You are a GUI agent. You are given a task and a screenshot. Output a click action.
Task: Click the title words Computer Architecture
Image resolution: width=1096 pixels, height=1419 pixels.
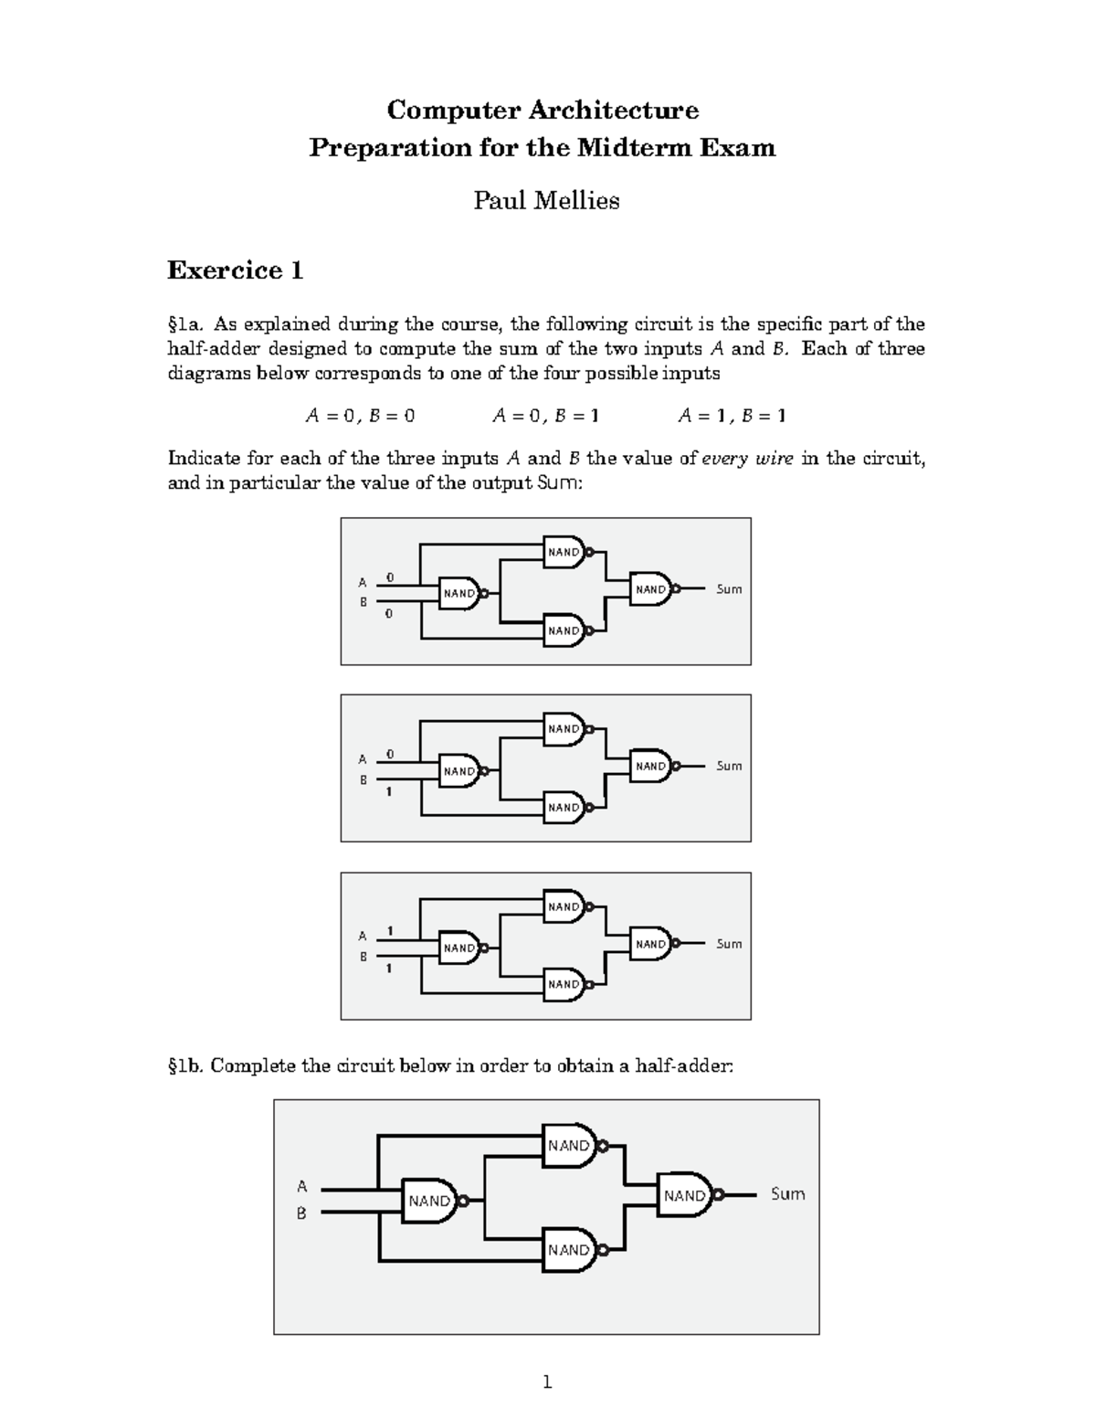[x=543, y=111]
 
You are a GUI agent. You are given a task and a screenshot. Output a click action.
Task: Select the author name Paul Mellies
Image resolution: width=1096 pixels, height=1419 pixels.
[x=546, y=201]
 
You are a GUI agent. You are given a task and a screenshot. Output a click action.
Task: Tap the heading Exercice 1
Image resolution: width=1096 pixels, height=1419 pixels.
[x=235, y=270]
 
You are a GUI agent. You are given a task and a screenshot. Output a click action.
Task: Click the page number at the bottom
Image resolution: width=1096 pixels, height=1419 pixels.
[x=547, y=1382]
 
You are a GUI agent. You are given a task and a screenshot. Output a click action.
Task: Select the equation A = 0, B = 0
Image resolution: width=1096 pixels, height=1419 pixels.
[x=360, y=416]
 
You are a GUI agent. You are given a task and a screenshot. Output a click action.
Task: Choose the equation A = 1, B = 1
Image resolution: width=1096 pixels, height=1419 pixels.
[x=732, y=416]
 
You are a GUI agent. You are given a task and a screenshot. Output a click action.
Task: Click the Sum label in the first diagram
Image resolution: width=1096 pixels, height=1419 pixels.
[x=729, y=589]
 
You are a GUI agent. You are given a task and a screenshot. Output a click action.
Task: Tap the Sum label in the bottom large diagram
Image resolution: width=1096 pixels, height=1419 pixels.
[x=787, y=1194]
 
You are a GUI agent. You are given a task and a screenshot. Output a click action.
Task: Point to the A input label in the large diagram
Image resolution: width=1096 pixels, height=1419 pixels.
[x=301, y=1187]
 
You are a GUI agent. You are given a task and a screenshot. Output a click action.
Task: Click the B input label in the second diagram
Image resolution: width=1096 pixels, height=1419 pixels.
[x=363, y=780]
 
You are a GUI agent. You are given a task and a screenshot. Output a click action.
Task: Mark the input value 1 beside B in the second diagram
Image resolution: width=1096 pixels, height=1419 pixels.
[x=389, y=791]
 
